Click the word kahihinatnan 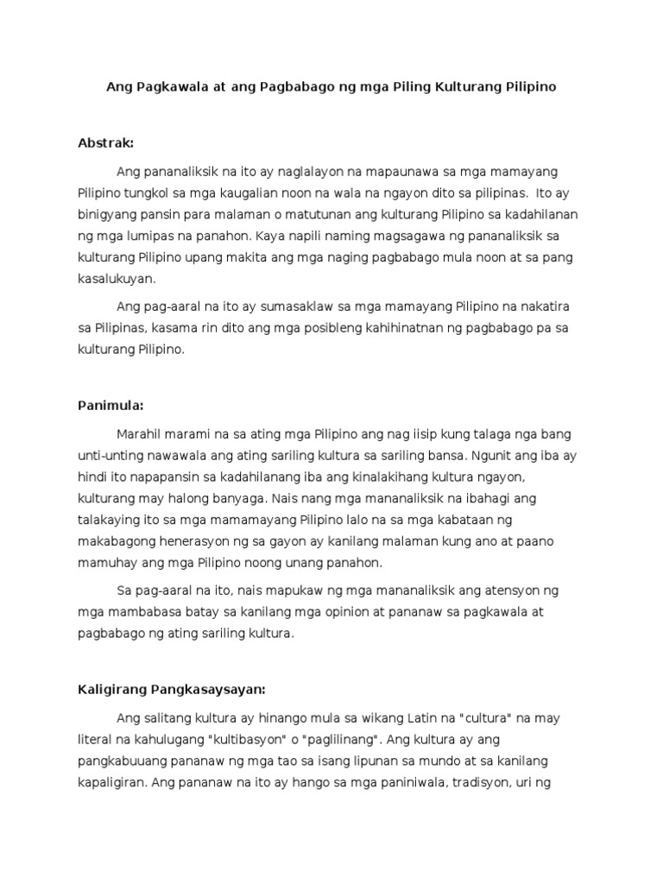(375, 329)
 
